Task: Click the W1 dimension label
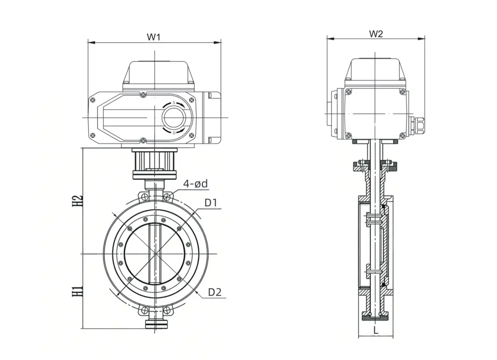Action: [x=154, y=37]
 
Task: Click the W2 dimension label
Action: [x=376, y=34]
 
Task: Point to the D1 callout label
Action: [x=211, y=203]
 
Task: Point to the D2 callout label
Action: [x=214, y=292]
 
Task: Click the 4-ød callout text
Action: [x=195, y=184]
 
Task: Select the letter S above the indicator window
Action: [x=174, y=102]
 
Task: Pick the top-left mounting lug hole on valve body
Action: [x=144, y=198]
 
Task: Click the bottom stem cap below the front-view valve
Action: [x=156, y=324]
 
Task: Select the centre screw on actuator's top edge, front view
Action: [x=143, y=94]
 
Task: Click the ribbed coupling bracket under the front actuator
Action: [x=155, y=160]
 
